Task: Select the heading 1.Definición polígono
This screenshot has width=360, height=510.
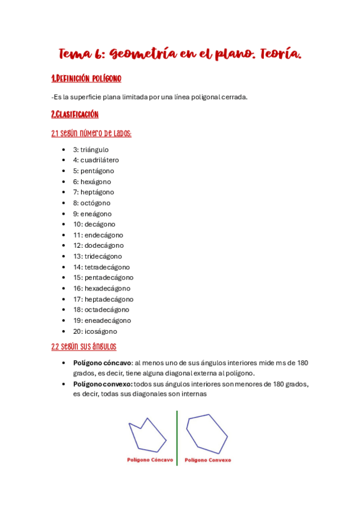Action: coord(87,79)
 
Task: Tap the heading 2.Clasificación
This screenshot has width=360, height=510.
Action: coord(75,114)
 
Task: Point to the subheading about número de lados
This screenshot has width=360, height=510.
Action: coord(91,133)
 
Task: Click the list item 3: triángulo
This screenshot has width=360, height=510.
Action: coord(91,149)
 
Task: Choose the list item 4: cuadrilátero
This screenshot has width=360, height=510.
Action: coord(96,160)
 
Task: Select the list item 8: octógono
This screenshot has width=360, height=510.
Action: coord(92,203)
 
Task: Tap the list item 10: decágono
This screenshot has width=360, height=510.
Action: coord(94,224)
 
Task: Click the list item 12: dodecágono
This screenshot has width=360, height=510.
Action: coord(98,245)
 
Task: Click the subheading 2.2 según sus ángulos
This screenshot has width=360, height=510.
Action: coord(84,347)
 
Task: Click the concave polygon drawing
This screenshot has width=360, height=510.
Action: coord(147,434)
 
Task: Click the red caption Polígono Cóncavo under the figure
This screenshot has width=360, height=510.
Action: coord(150,460)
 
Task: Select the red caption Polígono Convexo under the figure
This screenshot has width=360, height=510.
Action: coord(208,460)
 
